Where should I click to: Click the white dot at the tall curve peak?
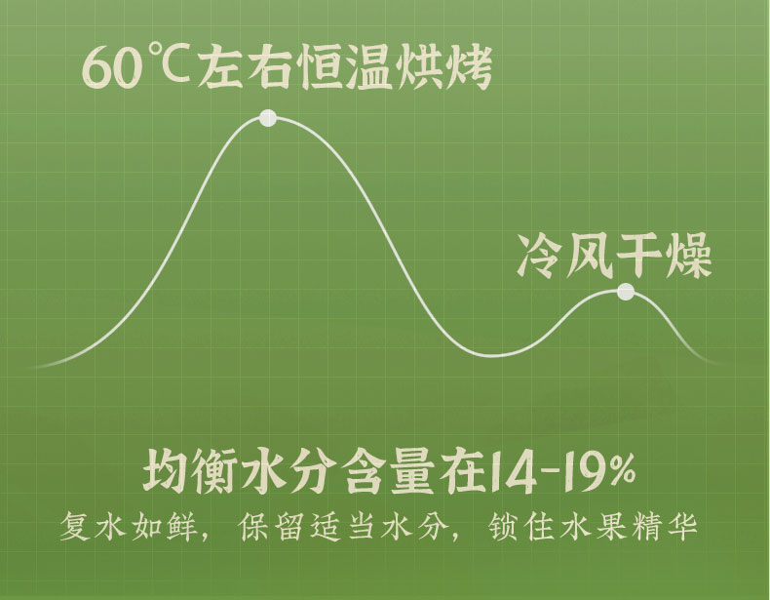click(268, 119)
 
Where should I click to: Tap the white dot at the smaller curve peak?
click(626, 292)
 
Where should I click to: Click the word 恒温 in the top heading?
click(348, 68)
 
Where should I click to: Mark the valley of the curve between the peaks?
click(497, 352)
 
